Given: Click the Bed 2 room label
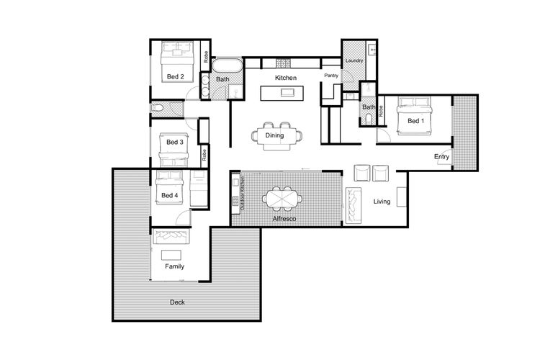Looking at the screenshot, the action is point(175,76).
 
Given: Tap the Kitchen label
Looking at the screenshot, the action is point(286,78).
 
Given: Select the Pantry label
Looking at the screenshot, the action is point(331,76).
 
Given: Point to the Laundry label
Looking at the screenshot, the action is point(354,60).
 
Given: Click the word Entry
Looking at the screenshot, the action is point(441,157).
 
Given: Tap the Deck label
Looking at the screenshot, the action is point(177,302).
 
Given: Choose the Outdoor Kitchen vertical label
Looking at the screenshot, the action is point(243,193).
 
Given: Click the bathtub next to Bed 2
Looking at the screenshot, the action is point(227,66).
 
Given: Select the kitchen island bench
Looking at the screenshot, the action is point(282,93).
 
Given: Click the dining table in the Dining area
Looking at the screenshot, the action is point(274,136).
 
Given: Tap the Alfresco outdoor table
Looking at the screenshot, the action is point(282,199).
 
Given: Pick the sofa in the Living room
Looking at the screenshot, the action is point(354,206).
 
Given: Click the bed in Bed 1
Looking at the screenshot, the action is point(415,116).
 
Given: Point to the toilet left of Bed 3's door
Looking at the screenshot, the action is point(157,108).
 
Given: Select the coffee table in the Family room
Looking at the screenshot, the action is point(171,255).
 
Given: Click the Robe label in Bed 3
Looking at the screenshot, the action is point(204,155).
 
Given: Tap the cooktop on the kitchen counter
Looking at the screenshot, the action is point(284,63).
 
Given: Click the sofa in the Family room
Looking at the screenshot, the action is point(171,236).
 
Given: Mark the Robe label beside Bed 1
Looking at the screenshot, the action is point(381,111).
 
